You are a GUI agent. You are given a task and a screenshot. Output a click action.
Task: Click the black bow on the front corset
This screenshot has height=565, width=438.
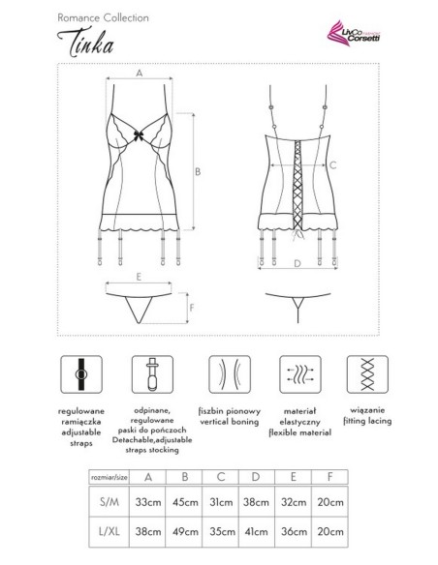coord(140,135)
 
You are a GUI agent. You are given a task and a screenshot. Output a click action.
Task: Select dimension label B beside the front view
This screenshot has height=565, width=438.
coord(198,171)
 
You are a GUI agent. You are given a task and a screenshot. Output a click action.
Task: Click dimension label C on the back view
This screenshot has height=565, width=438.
coord(332,165)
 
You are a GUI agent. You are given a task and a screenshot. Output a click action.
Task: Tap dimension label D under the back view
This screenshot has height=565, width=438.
coord(297,261)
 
